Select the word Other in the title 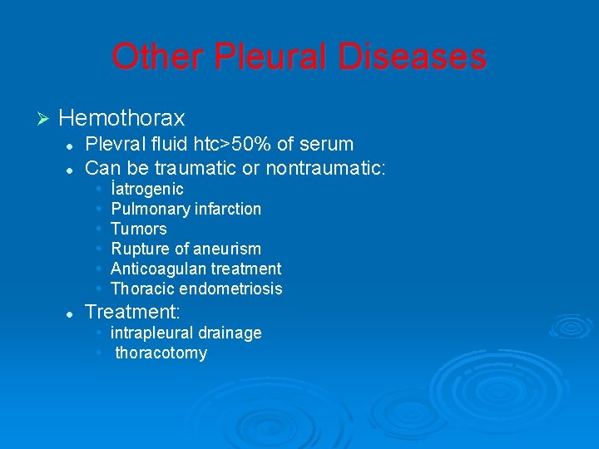pyautogui.click(x=157, y=57)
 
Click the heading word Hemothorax pyautogui.click(x=122, y=118)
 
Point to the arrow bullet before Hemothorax pyautogui.click(x=45, y=118)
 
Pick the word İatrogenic pyautogui.click(x=147, y=190)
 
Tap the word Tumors pyautogui.click(x=139, y=229)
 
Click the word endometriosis pyautogui.click(x=238, y=289)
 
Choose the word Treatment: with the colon pyautogui.click(x=133, y=311)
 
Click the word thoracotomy pyautogui.click(x=161, y=353)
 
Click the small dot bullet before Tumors pyautogui.click(x=99, y=229)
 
